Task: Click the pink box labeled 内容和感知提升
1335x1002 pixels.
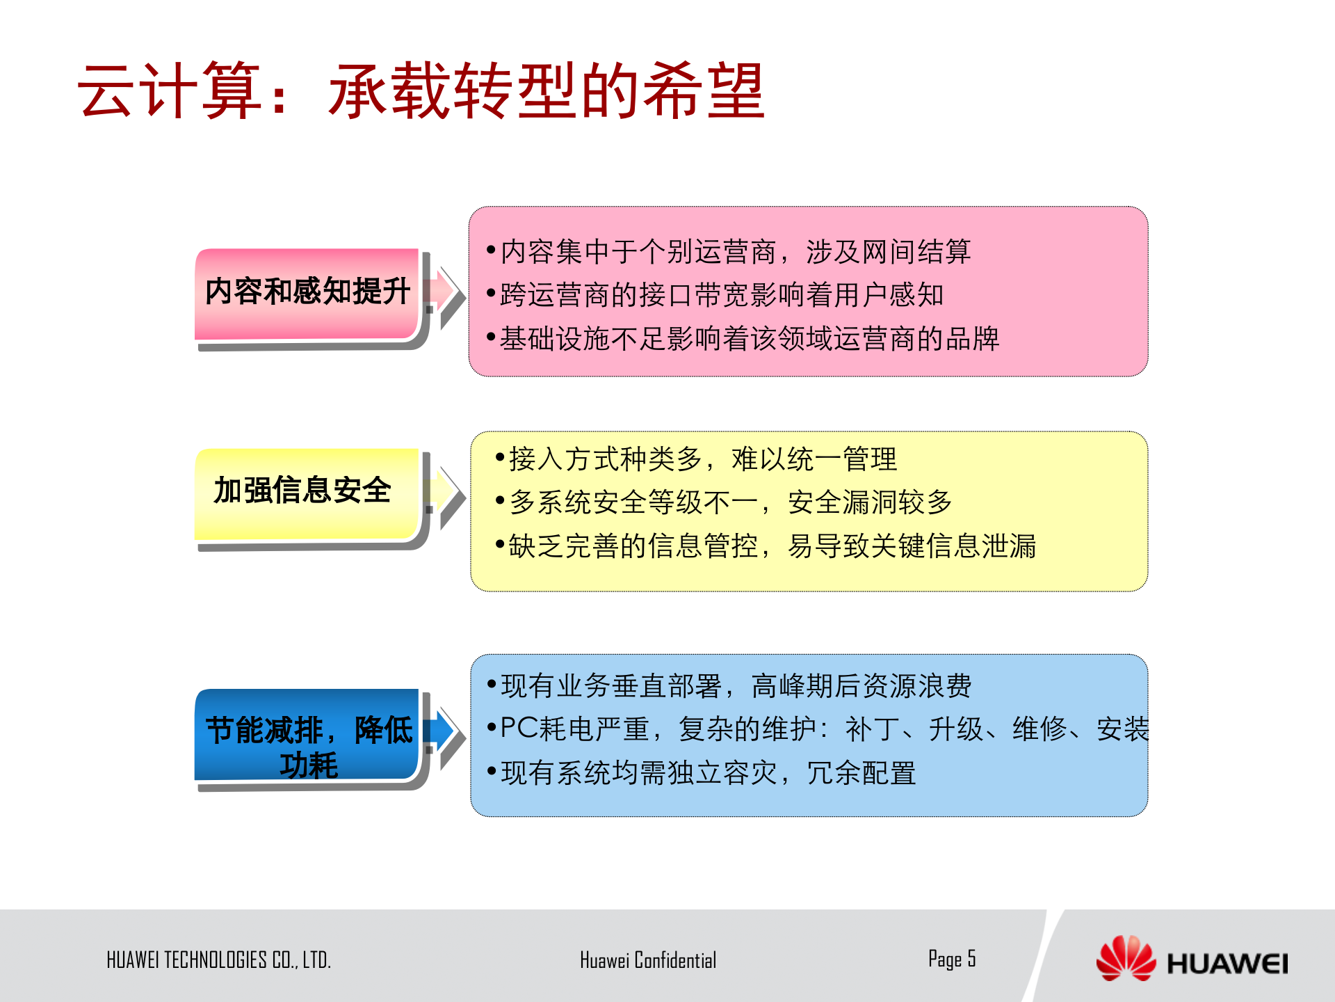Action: (x=307, y=292)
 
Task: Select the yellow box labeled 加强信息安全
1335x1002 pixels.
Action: (x=307, y=492)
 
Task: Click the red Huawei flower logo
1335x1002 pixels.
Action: (x=1125, y=959)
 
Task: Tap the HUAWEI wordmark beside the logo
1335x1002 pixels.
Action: (x=1227, y=964)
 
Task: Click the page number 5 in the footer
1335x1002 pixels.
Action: (x=971, y=958)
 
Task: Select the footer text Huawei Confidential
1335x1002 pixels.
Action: (x=647, y=960)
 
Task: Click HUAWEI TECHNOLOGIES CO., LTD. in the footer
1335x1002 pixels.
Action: (x=218, y=960)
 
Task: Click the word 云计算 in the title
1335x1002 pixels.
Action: (x=170, y=91)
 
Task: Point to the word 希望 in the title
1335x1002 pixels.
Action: (x=704, y=91)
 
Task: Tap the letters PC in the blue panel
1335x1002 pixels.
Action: (x=519, y=729)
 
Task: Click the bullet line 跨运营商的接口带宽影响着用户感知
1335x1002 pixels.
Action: (x=721, y=295)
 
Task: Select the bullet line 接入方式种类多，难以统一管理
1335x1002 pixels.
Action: (x=702, y=459)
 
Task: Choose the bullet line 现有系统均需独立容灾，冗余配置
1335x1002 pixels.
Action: (x=708, y=773)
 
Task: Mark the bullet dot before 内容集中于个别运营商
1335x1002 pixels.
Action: (x=491, y=250)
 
